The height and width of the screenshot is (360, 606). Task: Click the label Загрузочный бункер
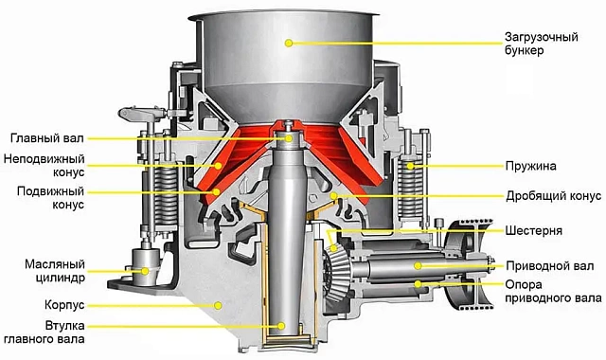(541, 44)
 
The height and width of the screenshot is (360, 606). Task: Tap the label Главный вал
(47, 138)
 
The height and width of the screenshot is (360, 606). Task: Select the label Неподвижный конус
(45, 165)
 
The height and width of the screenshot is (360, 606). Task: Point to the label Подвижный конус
(50, 198)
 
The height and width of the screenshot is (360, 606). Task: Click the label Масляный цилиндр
(55, 271)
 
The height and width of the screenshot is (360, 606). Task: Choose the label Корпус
(64, 305)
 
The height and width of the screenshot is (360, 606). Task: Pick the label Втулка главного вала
(45, 333)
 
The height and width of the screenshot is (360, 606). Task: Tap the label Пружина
(530, 166)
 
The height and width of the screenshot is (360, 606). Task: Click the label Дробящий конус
(554, 196)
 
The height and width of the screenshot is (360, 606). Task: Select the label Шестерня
(534, 230)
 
